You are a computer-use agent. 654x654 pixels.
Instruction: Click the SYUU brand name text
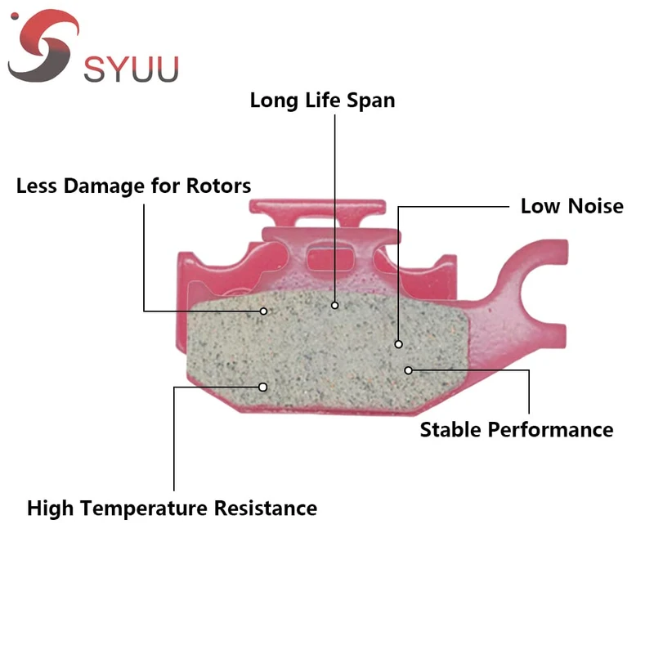(131, 69)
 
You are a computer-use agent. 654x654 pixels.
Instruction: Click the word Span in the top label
(370, 101)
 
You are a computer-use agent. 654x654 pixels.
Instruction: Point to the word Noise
(594, 206)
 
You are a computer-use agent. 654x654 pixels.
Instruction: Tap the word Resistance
(266, 508)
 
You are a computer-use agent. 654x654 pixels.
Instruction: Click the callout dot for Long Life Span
(335, 305)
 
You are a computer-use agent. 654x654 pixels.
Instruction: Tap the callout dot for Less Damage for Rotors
(264, 311)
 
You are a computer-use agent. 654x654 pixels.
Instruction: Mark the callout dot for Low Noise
(399, 344)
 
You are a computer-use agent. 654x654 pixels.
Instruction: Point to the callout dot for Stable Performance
(409, 370)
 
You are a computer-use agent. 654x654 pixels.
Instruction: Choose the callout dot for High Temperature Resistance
(263, 387)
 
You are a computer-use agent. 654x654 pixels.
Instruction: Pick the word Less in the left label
(38, 186)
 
